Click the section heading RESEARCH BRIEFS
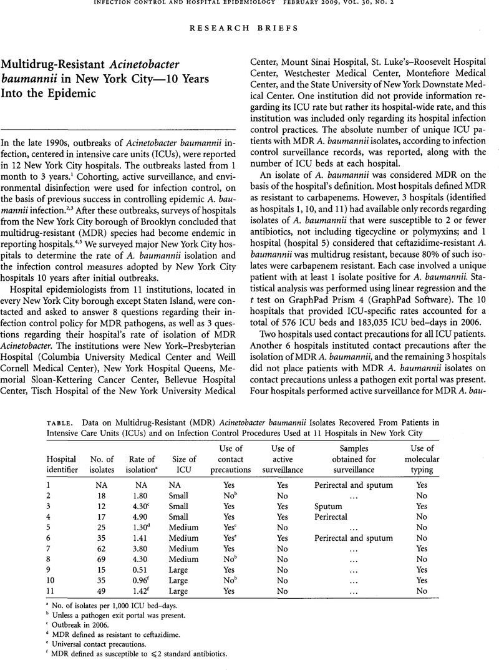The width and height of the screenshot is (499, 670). (249, 28)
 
